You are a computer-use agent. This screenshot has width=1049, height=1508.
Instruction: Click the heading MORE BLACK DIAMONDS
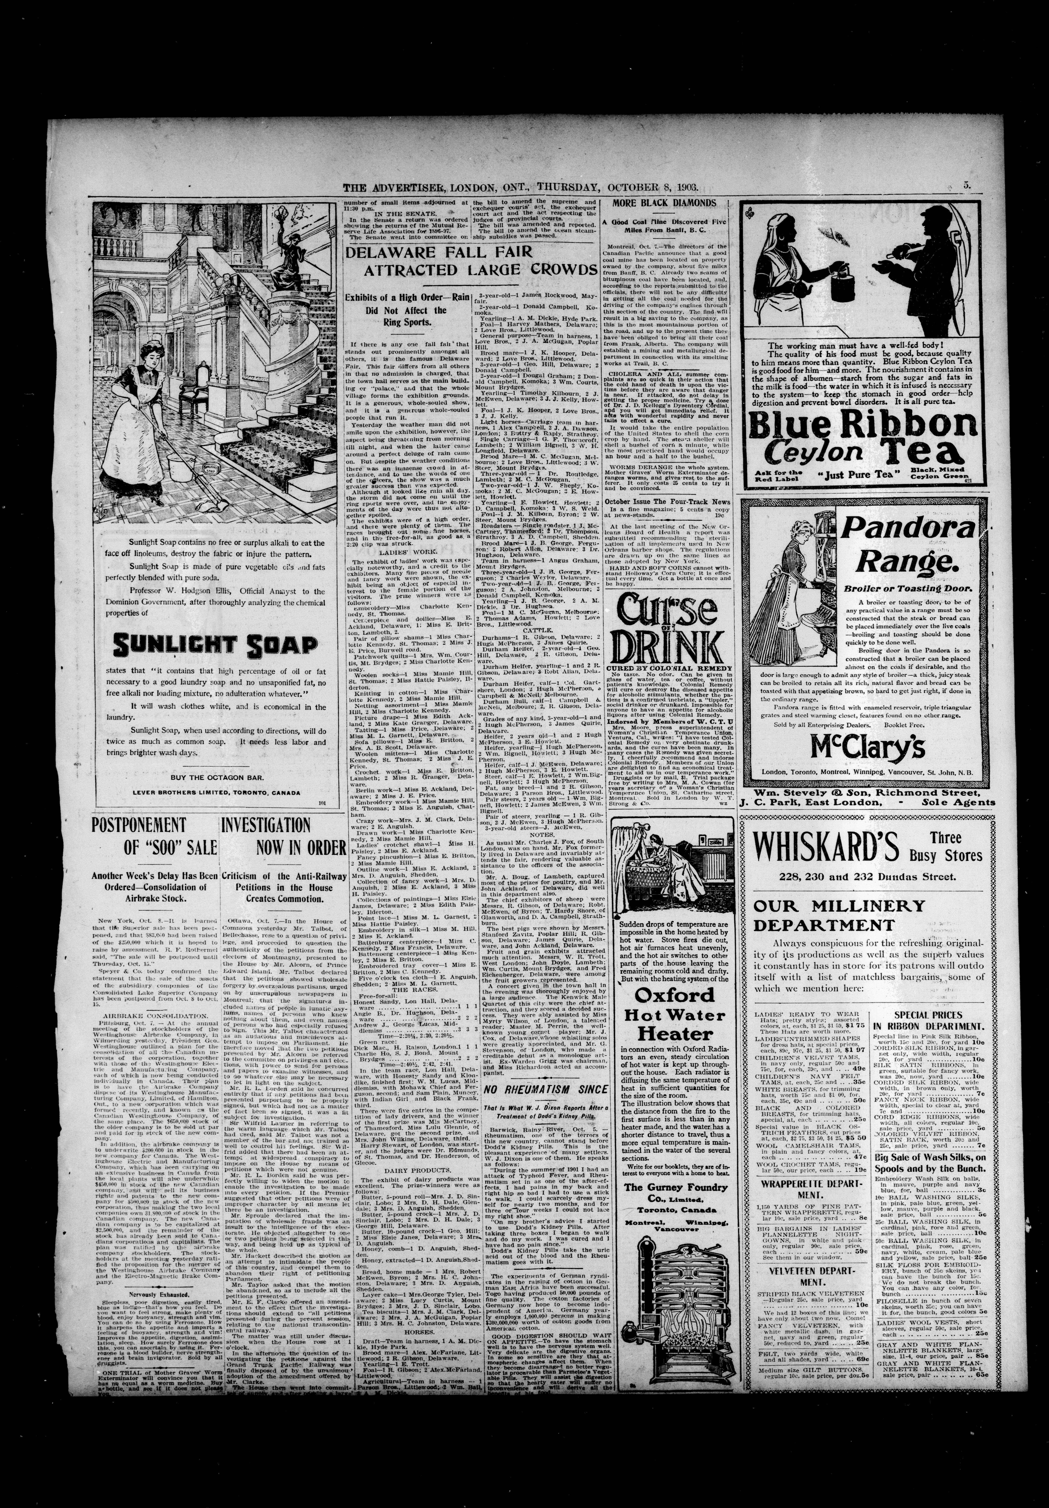click(x=664, y=203)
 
